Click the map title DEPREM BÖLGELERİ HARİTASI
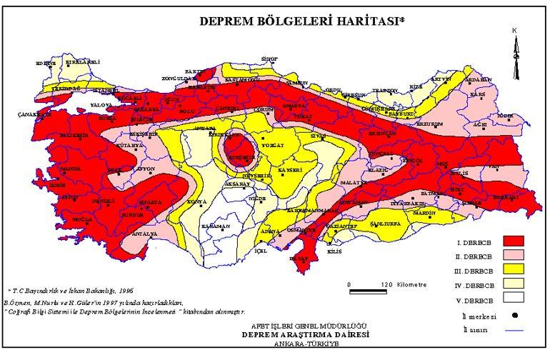(x=301, y=21)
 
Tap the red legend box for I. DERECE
(x=513, y=241)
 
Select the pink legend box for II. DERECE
(x=513, y=254)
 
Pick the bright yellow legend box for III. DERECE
(x=513, y=269)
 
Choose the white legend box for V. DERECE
(x=513, y=296)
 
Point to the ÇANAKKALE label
(x=32, y=114)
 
